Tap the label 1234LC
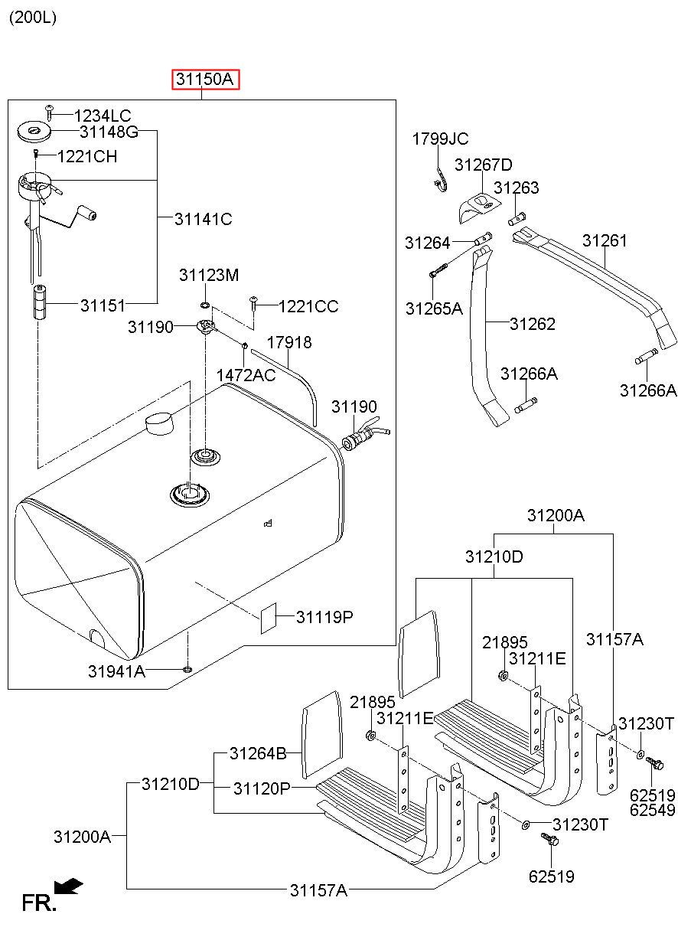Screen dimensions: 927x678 (x=103, y=116)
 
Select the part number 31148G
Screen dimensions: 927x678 (x=109, y=132)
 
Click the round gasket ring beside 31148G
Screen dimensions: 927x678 (x=34, y=132)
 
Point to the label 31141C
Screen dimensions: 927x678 (x=203, y=219)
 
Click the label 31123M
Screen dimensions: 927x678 (x=209, y=275)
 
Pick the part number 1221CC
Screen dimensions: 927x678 (x=308, y=306)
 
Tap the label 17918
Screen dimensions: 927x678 (x=289, y=342)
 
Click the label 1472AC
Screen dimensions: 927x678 (x=246, y=375)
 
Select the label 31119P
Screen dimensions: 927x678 (x=324, y=617)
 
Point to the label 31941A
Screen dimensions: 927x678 (x=116, y=671)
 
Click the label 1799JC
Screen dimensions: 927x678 (x=440, y=139)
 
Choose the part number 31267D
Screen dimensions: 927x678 (x=483, y=165)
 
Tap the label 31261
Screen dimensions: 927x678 (x=604, y=240)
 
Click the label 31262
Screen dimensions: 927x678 (x=532, y=324)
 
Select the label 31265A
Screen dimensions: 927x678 (x=434, y=308)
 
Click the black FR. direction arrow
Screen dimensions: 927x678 (x=71, y=886)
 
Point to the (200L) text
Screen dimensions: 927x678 (x=32, y=17)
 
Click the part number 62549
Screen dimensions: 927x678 (x=652, y=809)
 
